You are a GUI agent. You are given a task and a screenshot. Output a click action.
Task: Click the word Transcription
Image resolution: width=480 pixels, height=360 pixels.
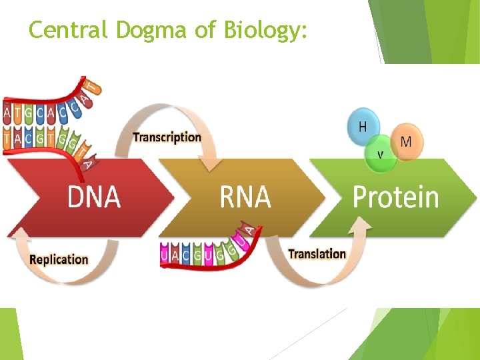[x=167, y=137]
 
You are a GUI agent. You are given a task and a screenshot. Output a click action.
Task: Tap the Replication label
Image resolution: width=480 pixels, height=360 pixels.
[x=59, y=259]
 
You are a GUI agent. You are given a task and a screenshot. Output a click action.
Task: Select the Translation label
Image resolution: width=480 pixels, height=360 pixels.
[x=317, y=254]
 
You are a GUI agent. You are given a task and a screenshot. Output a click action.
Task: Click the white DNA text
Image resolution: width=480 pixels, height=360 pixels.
[x=94, y=197]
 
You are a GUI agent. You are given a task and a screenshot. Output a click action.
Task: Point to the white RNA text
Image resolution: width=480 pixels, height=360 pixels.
[x=245, y=197]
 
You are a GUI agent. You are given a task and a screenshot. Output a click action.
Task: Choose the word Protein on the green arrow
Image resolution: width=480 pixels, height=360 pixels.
[x=395, y=197]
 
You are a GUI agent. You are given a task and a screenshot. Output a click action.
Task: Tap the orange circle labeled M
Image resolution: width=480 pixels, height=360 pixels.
[x=407, y=141]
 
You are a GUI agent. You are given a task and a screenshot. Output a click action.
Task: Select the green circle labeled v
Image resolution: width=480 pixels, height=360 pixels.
[x=381, y=154]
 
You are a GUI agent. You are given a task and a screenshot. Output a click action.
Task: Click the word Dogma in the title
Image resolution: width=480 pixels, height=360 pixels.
[x=143, y=30]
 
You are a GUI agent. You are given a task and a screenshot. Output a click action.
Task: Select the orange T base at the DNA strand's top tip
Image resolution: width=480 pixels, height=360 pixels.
[x=95, y=87]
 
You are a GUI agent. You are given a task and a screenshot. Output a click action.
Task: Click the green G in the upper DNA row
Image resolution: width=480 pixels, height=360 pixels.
[x=29, y=113]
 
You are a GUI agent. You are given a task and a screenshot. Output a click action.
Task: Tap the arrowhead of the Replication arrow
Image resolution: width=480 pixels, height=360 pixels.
[x=20, y=233]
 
